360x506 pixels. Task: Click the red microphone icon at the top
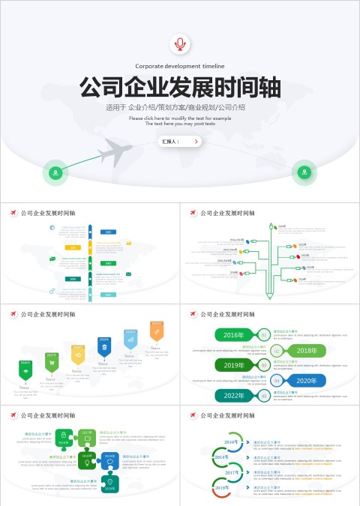click(180, 43)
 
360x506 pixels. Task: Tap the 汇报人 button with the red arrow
click(180, 141)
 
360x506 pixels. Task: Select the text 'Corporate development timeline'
click(180, 67)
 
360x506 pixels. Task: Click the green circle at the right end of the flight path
click(304, 172)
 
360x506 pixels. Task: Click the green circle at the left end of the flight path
click(55, 173)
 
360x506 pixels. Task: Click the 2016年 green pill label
click(235, 334)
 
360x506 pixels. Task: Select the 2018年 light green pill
click(305, 350)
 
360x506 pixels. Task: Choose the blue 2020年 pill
click(305, 380)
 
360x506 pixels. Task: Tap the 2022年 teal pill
click(235, 395)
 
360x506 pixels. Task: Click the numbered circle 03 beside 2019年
click(265, 365)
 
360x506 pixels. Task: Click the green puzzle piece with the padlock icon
click(64, 436)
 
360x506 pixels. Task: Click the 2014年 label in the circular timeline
click(222, 457)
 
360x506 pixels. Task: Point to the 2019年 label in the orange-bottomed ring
click(222, 487)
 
